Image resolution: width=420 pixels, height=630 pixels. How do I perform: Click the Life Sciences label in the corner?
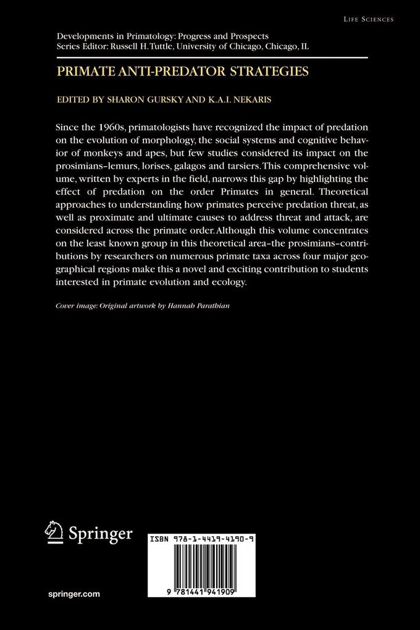click(369, 20)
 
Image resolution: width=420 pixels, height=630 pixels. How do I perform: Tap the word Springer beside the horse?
click(100, 532)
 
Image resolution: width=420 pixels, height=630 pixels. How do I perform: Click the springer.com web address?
click(73, 594)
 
